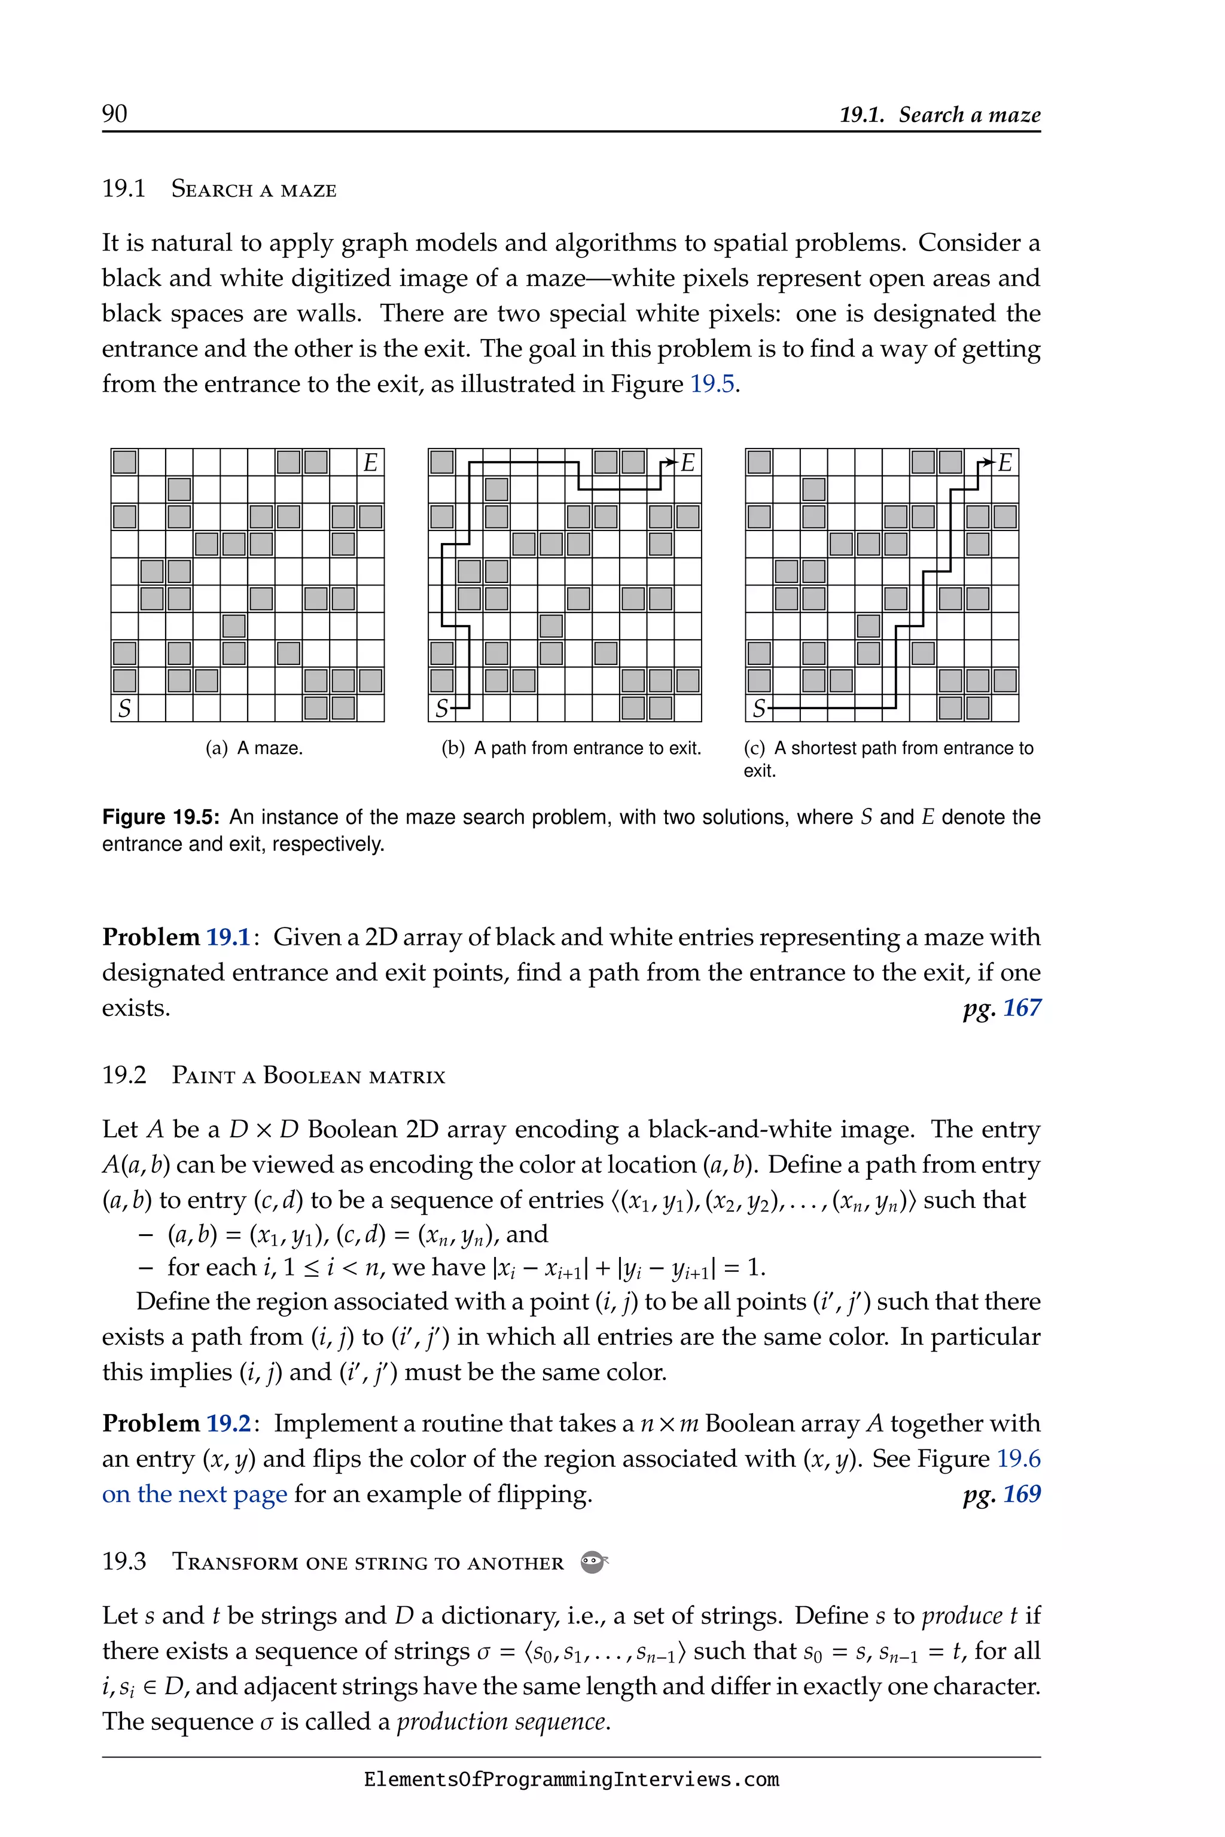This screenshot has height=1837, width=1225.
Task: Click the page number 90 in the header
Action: [x=114, y=114]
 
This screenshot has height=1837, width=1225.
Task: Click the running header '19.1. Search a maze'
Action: [x=939, y=115]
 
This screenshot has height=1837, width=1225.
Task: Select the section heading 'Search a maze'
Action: [x=253, y=189]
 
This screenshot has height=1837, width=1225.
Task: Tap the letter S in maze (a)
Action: [x=124, y=709]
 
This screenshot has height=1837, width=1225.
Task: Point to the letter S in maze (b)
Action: [x=441, y=709]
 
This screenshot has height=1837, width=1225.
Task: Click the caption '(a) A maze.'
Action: [x=254, y=748]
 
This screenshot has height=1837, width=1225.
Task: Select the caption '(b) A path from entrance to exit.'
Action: [x=571, y=748]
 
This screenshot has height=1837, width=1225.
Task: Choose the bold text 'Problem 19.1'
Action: [x=176, y=936]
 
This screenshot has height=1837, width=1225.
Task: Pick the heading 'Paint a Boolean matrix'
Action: [x=308, y=1076]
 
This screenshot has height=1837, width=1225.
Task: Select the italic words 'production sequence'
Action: [x=502, y=1722]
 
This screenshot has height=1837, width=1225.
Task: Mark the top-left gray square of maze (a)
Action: [x=124, y=462]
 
